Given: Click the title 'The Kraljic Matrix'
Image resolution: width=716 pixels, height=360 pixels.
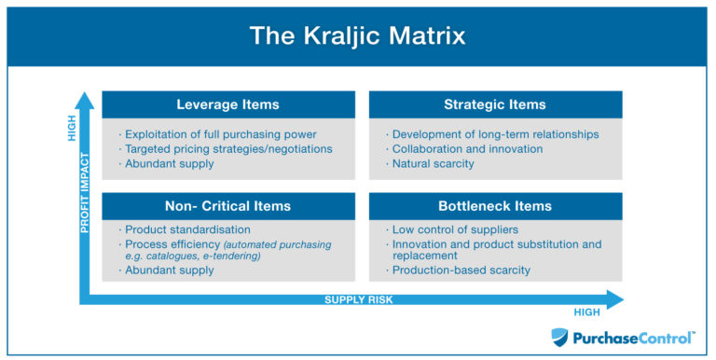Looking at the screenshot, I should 358,35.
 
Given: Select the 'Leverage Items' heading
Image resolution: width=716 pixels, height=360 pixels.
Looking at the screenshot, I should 227,104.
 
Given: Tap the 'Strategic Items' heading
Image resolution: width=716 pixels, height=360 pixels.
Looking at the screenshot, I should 495,104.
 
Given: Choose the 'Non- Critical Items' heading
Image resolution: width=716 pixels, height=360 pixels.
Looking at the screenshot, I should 227,206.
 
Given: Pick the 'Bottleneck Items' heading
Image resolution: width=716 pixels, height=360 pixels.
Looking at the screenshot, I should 495,206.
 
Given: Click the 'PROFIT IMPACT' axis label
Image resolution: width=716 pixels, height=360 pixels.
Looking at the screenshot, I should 84,192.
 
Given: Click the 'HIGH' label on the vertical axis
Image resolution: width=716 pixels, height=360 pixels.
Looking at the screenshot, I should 72,128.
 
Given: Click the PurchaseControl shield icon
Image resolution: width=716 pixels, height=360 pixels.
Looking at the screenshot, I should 559,337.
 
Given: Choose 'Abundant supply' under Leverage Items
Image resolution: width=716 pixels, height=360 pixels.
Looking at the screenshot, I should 171,164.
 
